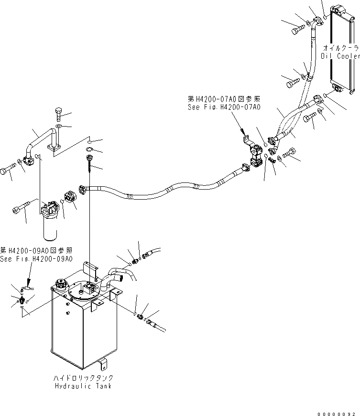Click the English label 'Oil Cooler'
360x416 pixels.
click(341, 56)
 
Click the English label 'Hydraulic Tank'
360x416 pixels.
click(83, 385)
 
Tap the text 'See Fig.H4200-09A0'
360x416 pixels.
click(36, 258)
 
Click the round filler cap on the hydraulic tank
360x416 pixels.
click(61, 284)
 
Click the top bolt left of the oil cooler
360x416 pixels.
click(296, 29)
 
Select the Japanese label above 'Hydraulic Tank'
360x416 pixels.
click(83, 377)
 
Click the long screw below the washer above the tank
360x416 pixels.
click(89, 162)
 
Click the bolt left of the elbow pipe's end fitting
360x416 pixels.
click(9, 170)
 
